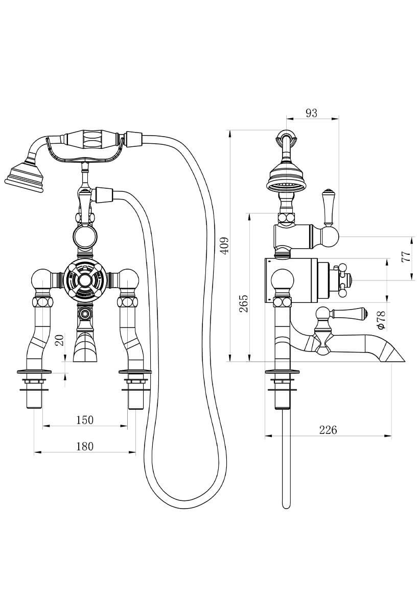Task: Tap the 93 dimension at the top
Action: pos(311,113)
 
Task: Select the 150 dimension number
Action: pos(85,420)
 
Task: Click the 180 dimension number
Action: pos(85,446)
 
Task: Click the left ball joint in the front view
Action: pos(40,280)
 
